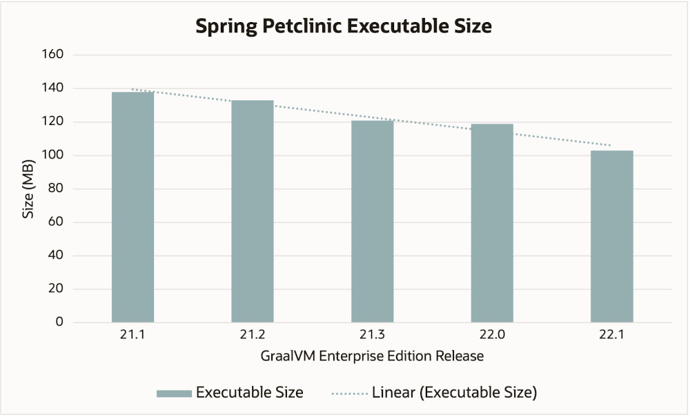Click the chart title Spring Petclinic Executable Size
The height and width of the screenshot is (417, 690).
[x=343, y=26]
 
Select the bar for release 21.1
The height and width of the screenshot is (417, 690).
[x=132, y=207]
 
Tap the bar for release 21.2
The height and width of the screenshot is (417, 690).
[x=253, y=211]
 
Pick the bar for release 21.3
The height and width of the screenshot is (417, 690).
[x=372, y=221]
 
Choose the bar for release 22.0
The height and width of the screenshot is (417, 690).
[x=492, y=223]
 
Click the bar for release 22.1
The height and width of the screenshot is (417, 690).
[x=612, y=236]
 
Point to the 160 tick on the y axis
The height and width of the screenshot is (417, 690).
[x=54, y=55]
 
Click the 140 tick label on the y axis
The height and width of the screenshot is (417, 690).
[x=54, y=88]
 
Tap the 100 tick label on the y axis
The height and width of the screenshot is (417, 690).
[x=54, y=155]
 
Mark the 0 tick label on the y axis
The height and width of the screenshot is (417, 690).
[x=59, y=322]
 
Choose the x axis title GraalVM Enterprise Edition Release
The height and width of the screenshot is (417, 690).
[x=372, y=357]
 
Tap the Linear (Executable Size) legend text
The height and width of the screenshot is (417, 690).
[x=454, y=393]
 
